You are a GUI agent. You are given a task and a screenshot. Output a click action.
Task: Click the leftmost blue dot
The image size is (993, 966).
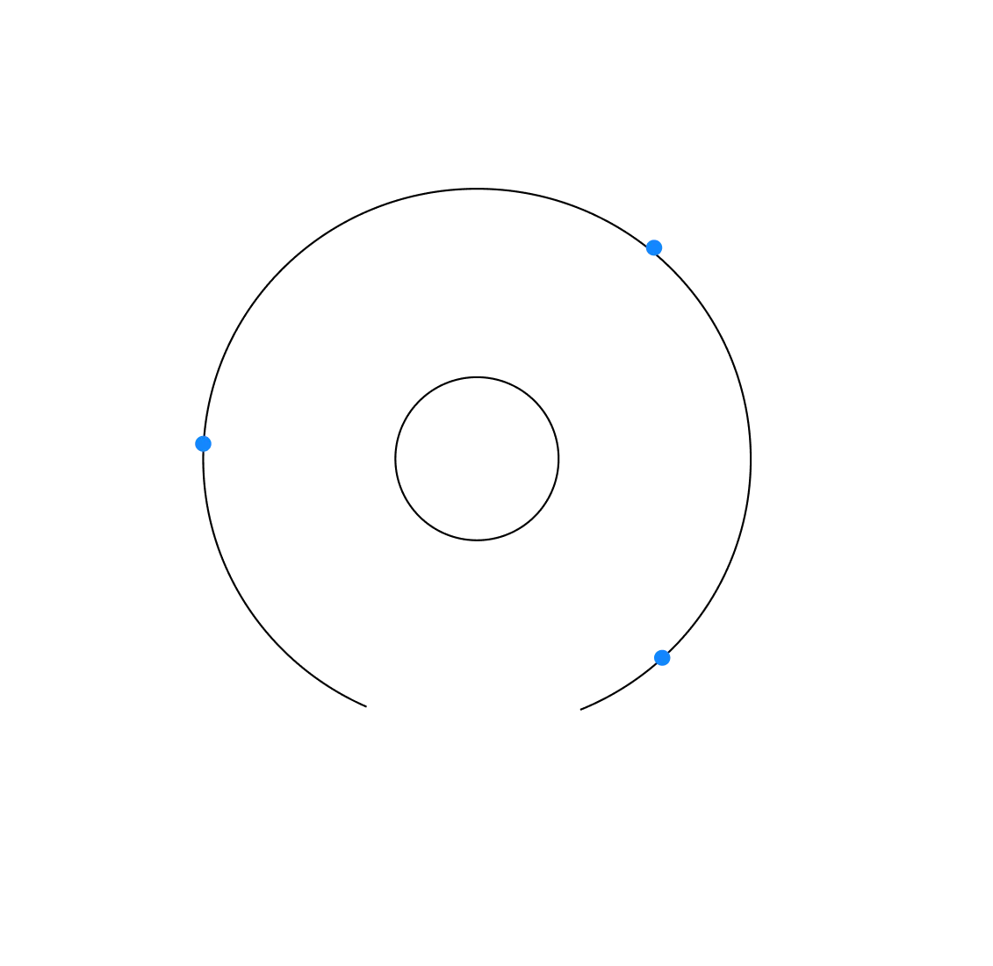pyautogui.click(x=203, y=443)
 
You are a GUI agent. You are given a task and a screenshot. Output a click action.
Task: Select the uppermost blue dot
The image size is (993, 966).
pyautogui.click(x=654, y=247)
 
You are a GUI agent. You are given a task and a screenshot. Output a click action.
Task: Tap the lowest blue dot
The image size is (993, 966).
pyautogui.click(x=663, y=657)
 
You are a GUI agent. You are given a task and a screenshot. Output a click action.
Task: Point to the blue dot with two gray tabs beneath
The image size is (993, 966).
pyautogui.click(x=203, y=443)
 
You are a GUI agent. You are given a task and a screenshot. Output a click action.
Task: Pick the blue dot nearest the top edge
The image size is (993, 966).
pyautogui.click(x=654, y=247)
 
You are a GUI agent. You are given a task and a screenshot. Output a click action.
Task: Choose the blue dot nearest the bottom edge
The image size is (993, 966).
pyautogui.click(x=663, y=657)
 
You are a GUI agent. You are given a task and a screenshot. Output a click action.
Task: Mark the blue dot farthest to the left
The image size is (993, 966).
pyautogui.click(x=203, y=443)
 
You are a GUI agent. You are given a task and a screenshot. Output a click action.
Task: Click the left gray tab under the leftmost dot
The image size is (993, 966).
pyautogui.click(x=200, y=453)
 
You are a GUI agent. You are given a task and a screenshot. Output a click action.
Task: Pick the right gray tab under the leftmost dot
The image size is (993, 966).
pyautogui.click(x=207, y=453)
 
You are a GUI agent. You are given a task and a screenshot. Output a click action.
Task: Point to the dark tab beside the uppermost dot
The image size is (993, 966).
pyautogui.click(x=644, y=250)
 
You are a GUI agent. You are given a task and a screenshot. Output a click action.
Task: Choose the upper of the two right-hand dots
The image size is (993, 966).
pyautogui.click(x=654, y=247)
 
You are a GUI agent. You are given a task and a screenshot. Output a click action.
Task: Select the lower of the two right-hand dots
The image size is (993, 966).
pyautogui.click(x=663, y=657)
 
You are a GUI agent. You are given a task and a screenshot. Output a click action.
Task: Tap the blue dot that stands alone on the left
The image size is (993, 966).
pyautogui.click(x=203, y=443)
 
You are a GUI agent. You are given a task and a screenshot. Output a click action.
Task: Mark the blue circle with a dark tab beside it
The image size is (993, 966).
pyautogui.click(x=654, y=247)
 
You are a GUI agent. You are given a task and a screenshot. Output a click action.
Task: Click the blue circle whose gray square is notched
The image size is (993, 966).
pyautogui.click(x=663, y=657)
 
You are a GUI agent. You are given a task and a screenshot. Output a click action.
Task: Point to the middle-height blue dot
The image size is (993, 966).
pyautogui.click(x=203, y=443)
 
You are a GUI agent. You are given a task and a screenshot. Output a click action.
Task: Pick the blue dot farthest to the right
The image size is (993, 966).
pyautogui.click(x=663, y=657)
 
